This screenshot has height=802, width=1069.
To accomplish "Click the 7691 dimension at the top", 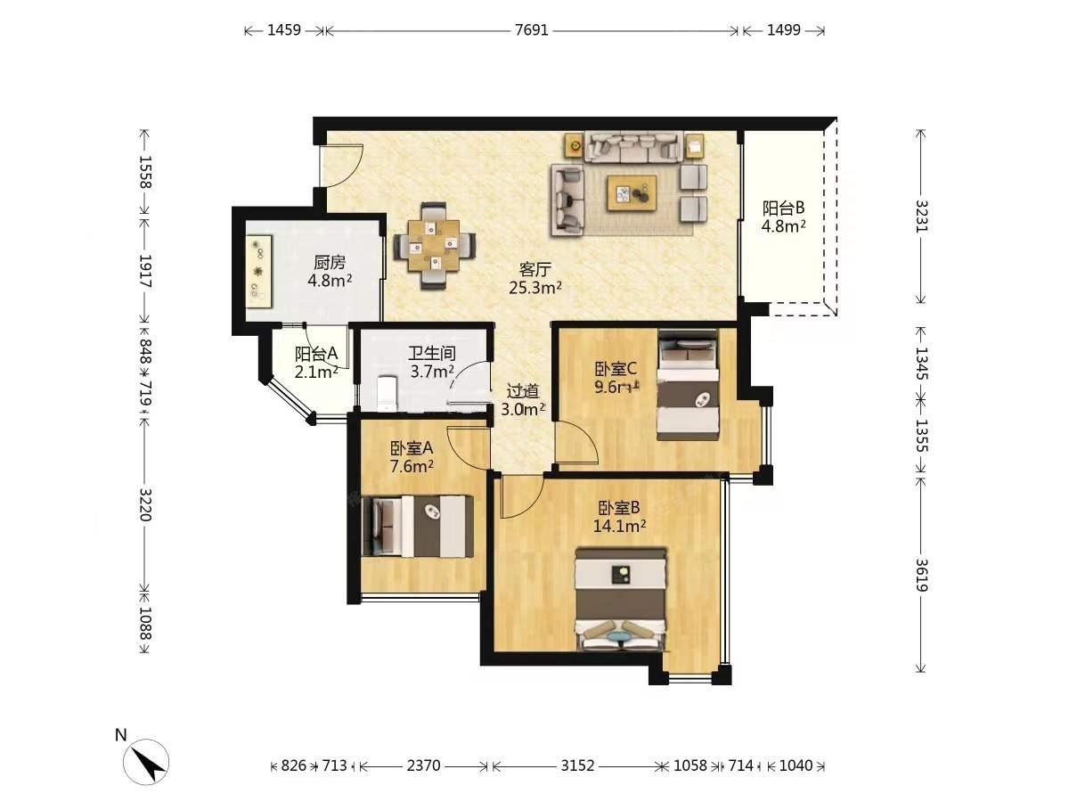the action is [x=531, y=30].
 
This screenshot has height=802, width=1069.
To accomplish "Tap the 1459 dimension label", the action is [x=284, y=30].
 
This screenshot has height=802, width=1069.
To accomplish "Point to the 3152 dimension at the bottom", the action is [x=577, y=766].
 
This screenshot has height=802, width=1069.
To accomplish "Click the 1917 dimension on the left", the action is [x=145, y=271].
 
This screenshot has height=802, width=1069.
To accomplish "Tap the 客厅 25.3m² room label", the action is [x=535, y=279].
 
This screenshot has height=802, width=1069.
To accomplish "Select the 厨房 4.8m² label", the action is [x=330, y=271].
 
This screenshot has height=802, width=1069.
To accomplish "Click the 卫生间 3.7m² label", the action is [x=432, y=363].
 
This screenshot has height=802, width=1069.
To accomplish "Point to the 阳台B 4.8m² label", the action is [x=783, y=217].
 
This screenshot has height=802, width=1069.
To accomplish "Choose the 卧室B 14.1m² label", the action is [x=619, y=517].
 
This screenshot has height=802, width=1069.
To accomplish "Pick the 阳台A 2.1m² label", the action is [x=316, y=363].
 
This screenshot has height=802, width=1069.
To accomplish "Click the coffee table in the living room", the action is [x=632, y=193].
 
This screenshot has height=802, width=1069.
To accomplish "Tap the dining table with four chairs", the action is [x=434, y=246].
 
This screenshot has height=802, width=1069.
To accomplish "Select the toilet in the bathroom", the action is [x=388, y=392].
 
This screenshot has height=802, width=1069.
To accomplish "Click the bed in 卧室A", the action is [x=418, y=527].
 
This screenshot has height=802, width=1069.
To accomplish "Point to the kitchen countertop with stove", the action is [x=259, y=271].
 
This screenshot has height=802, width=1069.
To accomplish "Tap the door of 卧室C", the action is [x=577, y=443].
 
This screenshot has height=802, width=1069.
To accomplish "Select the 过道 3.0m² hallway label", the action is [x=523, y=400].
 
